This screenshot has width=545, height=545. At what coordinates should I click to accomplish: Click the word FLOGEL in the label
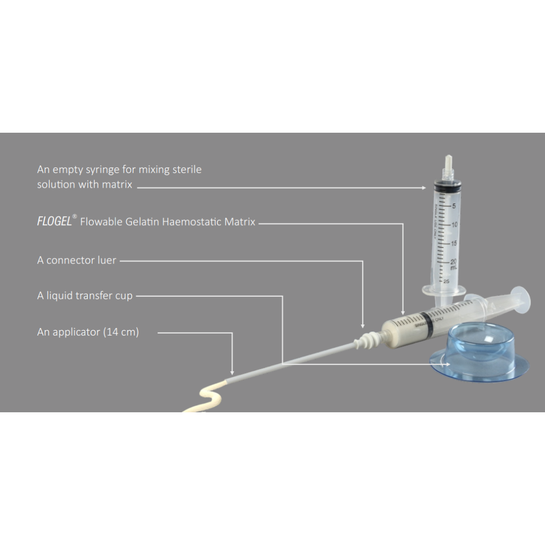pyautogui.click(x=54, y=221)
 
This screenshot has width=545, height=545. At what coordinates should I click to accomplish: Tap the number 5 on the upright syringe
pyautogui.click(x=454, y=206)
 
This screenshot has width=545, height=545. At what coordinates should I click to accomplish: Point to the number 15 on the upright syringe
pyautogui.click(x=454, y=243)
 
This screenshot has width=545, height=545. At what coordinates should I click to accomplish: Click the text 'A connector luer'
pyautogui.click(x=77, y=260)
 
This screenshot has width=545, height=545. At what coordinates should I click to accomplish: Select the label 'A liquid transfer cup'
pyautogui.click(x=85, y=296)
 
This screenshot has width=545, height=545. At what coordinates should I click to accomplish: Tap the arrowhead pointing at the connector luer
pyautogui.click(x=363, y=326)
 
